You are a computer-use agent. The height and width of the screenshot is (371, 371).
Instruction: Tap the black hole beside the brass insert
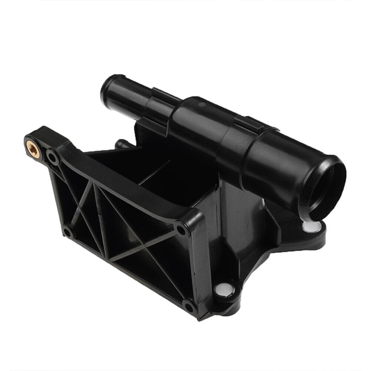tap(53, 157)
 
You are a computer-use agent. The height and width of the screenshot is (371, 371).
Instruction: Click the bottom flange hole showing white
tap(223, 290)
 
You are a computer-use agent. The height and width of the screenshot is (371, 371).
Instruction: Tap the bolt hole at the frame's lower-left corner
tap(67, 231)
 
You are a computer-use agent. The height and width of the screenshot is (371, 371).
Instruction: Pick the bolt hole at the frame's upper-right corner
tap(181, 229)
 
